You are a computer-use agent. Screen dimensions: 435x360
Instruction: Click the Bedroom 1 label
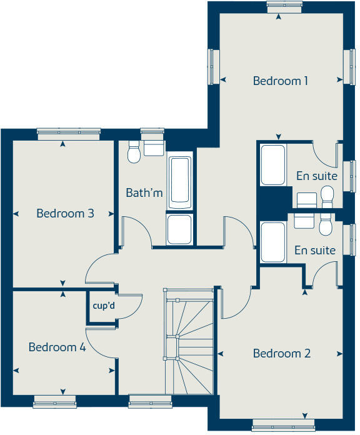pyautogui.click(x=281, y=81)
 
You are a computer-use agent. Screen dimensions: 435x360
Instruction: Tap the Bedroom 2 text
pyautogui.click(x=281, y=354)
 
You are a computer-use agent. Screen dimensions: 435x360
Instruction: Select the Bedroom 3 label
pyautogui.click(x=65, y=213)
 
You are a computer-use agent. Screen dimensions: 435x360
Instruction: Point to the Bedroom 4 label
pyautogui.click(x=57, y=347)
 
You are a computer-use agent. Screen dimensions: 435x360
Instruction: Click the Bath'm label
pyautogui.click(x=144, y=192)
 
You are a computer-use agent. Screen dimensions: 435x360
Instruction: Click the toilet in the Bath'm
pyautogui.click(x=133, y=152)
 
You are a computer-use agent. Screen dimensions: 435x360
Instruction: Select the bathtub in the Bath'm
pyautogui.click(x=180, y=182)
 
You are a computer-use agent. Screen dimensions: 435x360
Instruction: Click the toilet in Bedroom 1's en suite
pyautogui.click(x=326, y=195)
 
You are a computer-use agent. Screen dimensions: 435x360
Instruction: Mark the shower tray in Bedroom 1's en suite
pyautogui.click(x=273, y=166)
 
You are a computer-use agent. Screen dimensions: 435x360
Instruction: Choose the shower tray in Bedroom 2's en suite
pyautogui.click(x=273, y=242)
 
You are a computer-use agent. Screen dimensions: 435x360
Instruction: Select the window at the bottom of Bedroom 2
pyautogui.click(x=279, y=428)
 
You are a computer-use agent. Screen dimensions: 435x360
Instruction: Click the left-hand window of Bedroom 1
pyautogui.click(x=213, y=66)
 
